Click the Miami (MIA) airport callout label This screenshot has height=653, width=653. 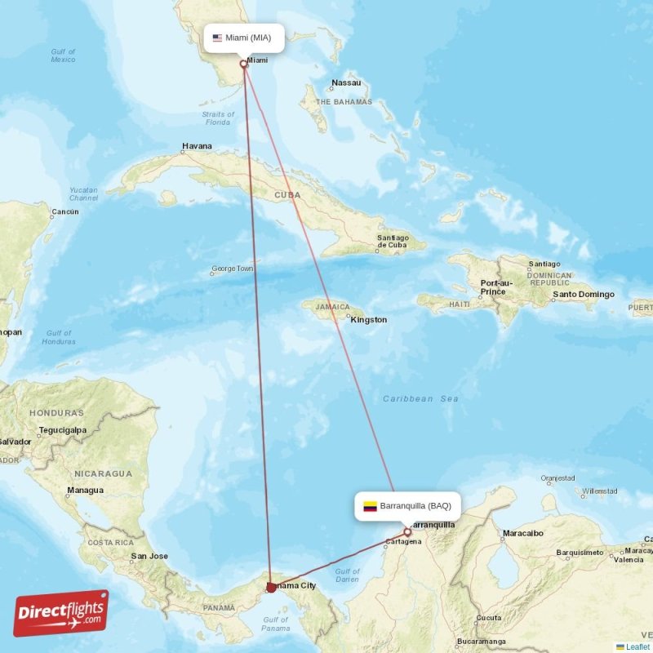coord(243,38)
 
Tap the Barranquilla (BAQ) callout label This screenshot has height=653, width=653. coord(407,505)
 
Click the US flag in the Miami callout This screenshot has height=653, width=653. coord(217,38)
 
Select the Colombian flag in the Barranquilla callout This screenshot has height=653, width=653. coord(370,506)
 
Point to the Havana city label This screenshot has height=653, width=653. coord(197,147)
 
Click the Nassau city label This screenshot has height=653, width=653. coord(346,83)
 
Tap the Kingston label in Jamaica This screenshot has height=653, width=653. coord(368,319)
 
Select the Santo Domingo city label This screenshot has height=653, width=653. coord(583,294)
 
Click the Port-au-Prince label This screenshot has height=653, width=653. coord(493,287)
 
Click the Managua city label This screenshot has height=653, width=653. coord(85,491)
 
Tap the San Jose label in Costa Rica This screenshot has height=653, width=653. coord(149,556)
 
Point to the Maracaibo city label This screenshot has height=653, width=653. coord(522,533)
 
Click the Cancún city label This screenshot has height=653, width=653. coord(65,212)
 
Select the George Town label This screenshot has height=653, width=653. coord(232,269)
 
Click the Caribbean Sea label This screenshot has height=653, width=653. coord(420,398)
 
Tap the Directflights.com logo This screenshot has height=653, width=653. coord(61,613)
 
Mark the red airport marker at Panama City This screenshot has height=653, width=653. coord(272,587)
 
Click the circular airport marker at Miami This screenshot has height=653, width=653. coord(243,63)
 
